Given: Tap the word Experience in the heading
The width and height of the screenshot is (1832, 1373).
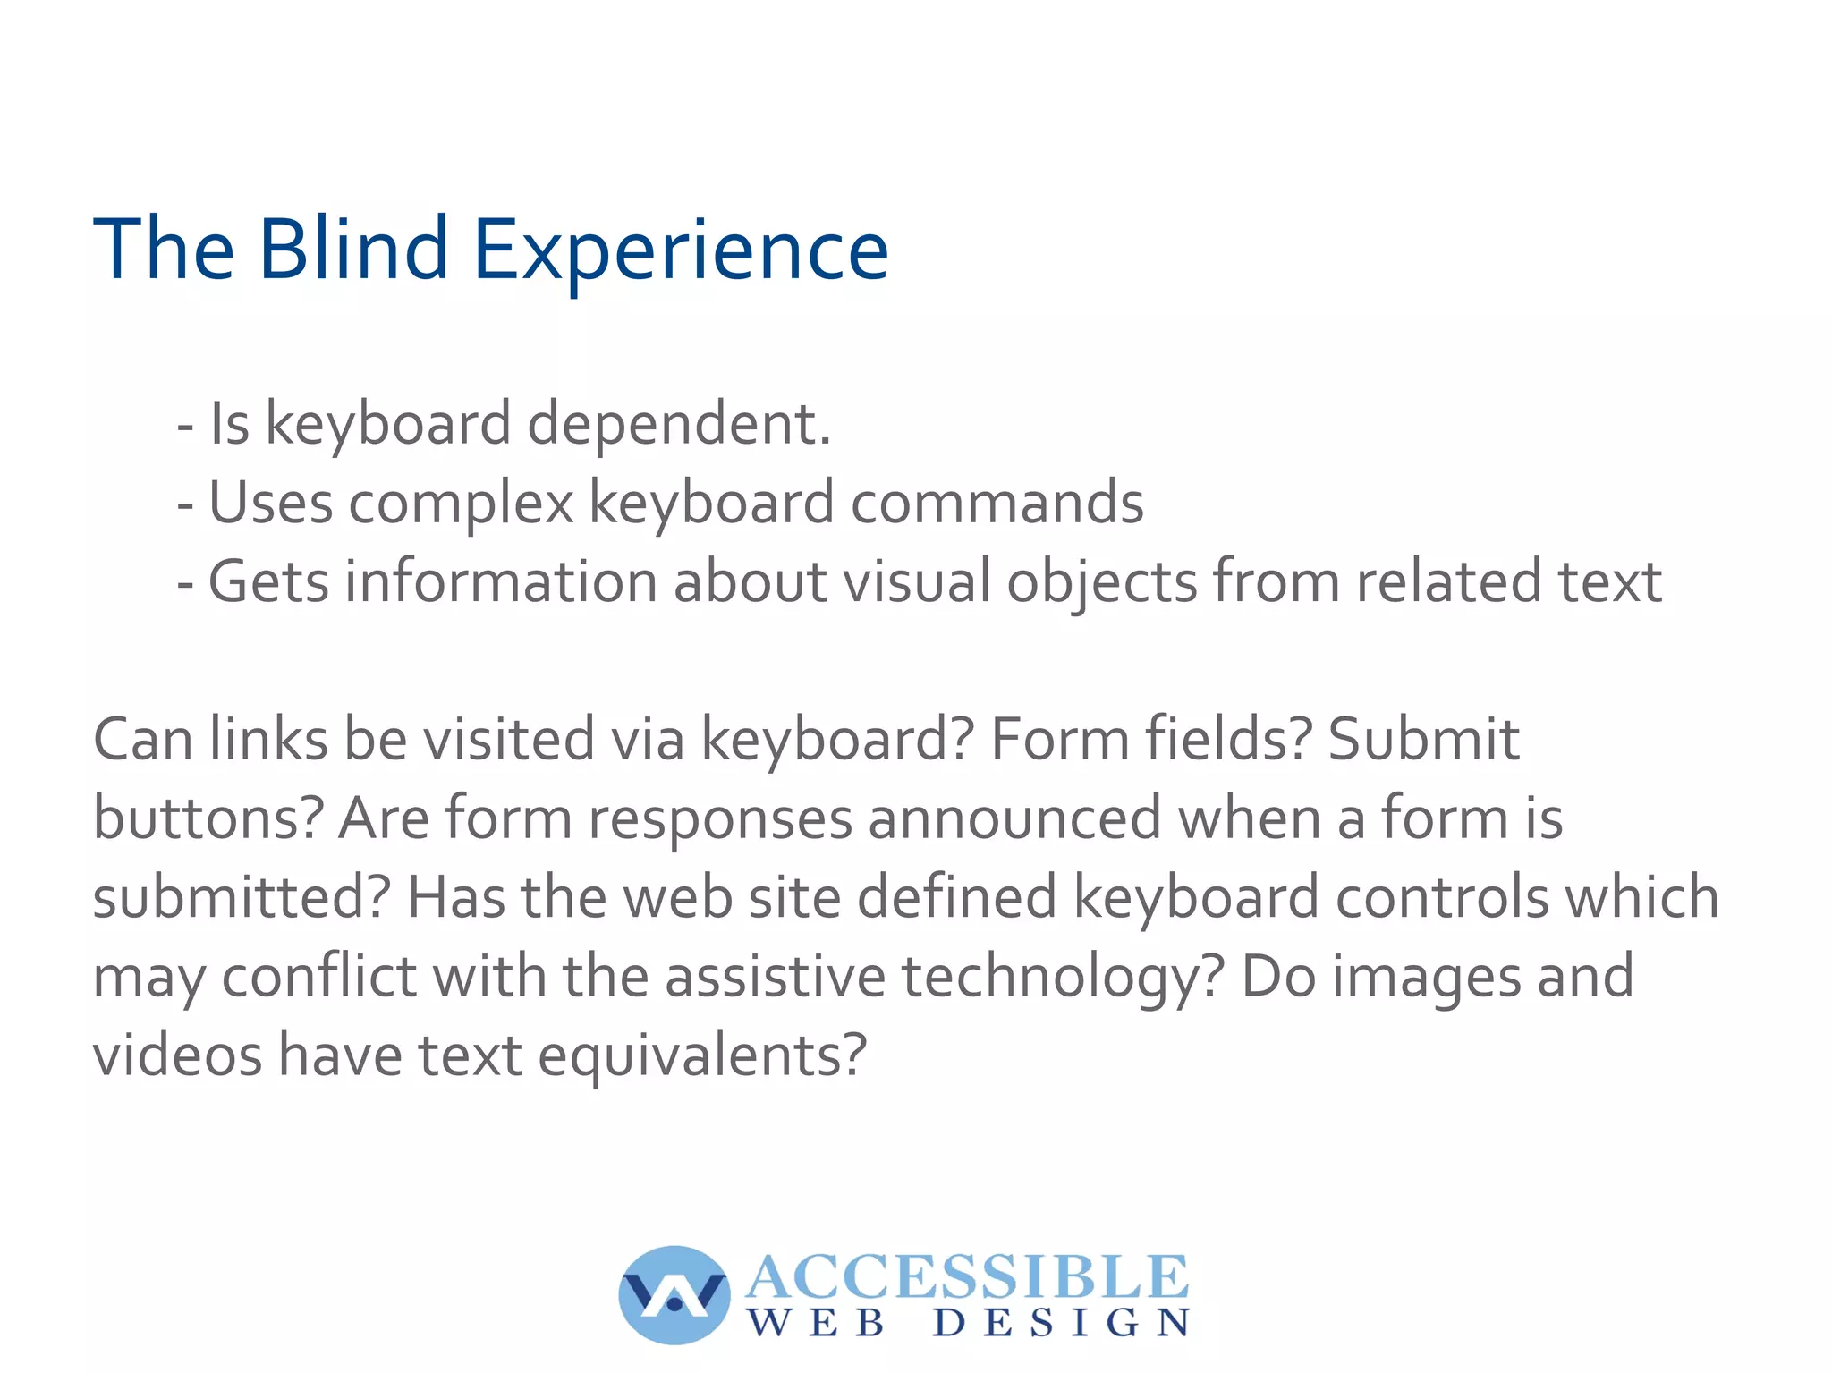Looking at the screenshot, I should [x=680, y=251].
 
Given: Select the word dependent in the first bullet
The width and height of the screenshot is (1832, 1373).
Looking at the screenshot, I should [x=679, y=424].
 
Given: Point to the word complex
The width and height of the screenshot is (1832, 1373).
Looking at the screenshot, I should [x=460, y=504].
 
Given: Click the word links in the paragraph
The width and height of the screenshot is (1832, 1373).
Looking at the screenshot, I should [x=268, y=740].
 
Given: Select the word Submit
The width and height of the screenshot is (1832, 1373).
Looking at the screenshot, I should [x=1423, y=740].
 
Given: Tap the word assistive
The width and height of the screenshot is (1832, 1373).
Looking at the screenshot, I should [x=775, y=976].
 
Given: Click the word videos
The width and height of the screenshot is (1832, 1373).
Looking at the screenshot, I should [x=177, y=1055].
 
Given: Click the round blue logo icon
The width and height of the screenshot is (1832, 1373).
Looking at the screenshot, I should [x=674, y=1294].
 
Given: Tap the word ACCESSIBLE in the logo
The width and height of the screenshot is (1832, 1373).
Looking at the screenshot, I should [x=966, y=1276].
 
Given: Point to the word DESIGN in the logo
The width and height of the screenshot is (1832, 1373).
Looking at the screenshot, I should [x=1061, y=1323].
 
